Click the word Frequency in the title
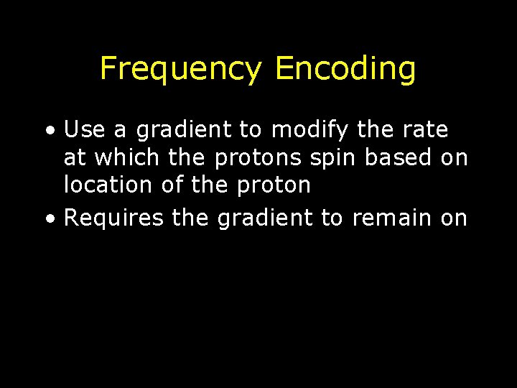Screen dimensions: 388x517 (x=182, y=70)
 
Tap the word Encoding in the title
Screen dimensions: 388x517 (x=345, y=70)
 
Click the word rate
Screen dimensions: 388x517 (x=427, y=130)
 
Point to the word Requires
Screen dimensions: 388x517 (x=114, y=218)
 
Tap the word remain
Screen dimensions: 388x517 (x=393, y=218)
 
